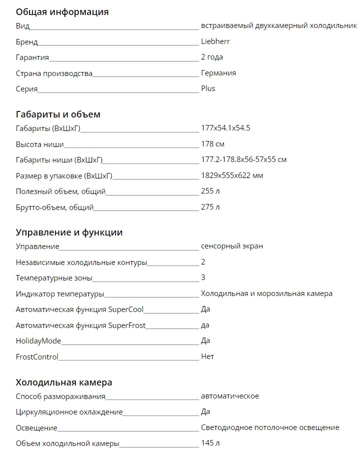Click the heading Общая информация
pos(62,11)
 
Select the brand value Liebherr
pos(215,41)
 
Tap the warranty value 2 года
pos(212,57)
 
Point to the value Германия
pos(218,73)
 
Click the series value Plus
pos(208,88)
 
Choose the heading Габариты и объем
pos(58,114)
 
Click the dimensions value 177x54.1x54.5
pos(225,128)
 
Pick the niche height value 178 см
pos(212,144)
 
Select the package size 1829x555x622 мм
pos(232,175)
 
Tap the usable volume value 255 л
pos(210,191)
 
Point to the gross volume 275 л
pos(210,207)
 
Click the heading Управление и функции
pos(69,232)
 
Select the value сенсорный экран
pos(232,246)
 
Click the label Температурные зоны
pos(54,277)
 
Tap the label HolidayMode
pos(38,341)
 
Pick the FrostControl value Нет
pos(207,356)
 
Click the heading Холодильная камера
pos(64,382)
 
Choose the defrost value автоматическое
pos(230,396)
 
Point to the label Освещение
pos(36,428)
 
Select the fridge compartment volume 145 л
pos(210,443)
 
